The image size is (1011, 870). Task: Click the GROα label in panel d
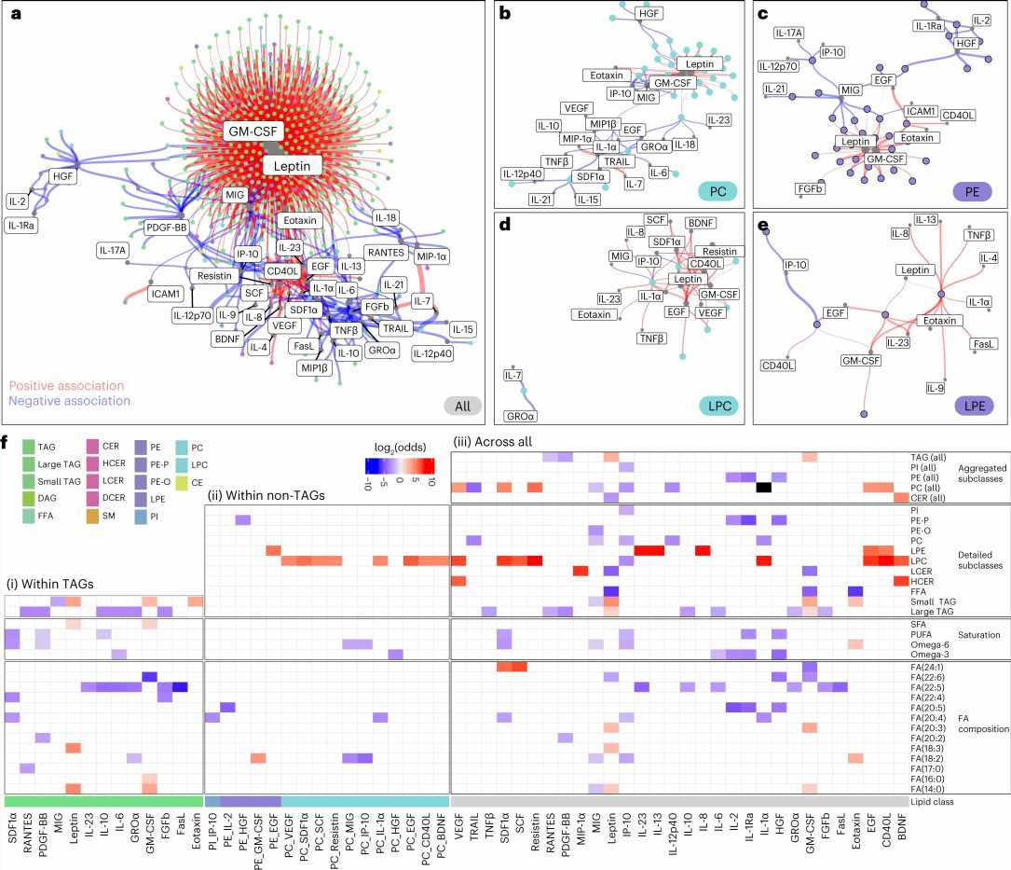point(523,415)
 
